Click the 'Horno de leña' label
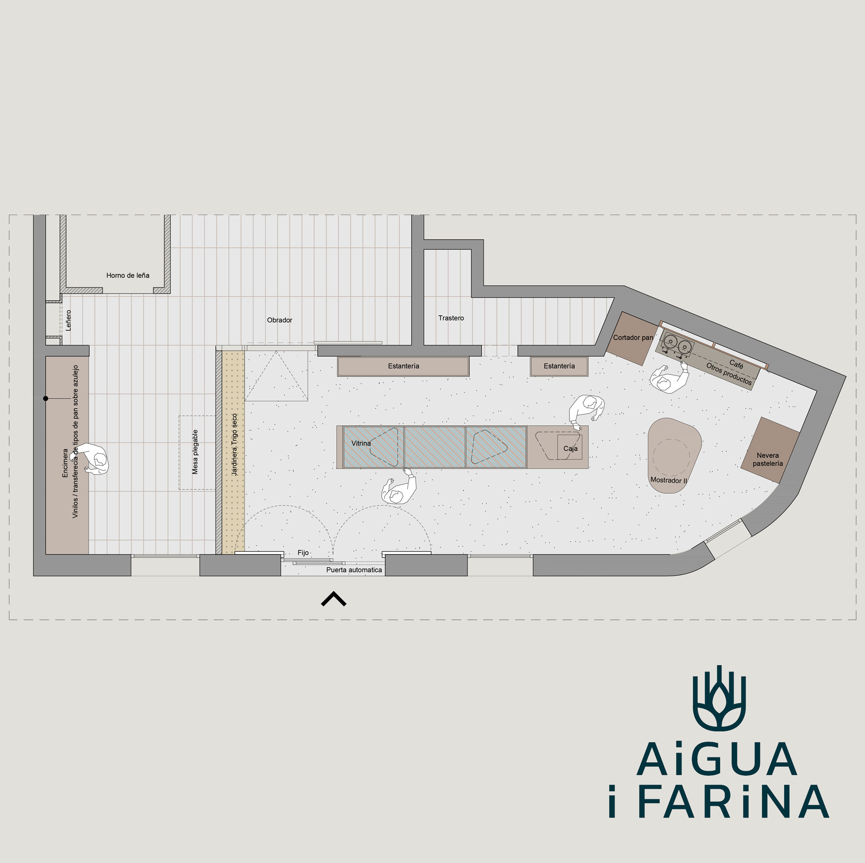pos(128,275)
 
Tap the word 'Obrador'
pos(279,320)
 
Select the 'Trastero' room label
pos(451,318)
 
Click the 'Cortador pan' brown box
pos(632,339)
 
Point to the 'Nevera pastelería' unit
pos(770,450)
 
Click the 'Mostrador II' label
pos(669,480)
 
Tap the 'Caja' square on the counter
pos(570,447)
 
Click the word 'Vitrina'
pos(361,443)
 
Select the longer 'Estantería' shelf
pos(403,366)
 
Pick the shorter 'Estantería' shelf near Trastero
pos(559,366)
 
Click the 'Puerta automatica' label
pos(354,570)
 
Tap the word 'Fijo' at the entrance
pos(303,553)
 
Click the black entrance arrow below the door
pos(333,598)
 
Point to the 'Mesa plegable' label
pos(195,452)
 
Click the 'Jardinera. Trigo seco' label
pos(234,444)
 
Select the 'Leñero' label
pos(68,320)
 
